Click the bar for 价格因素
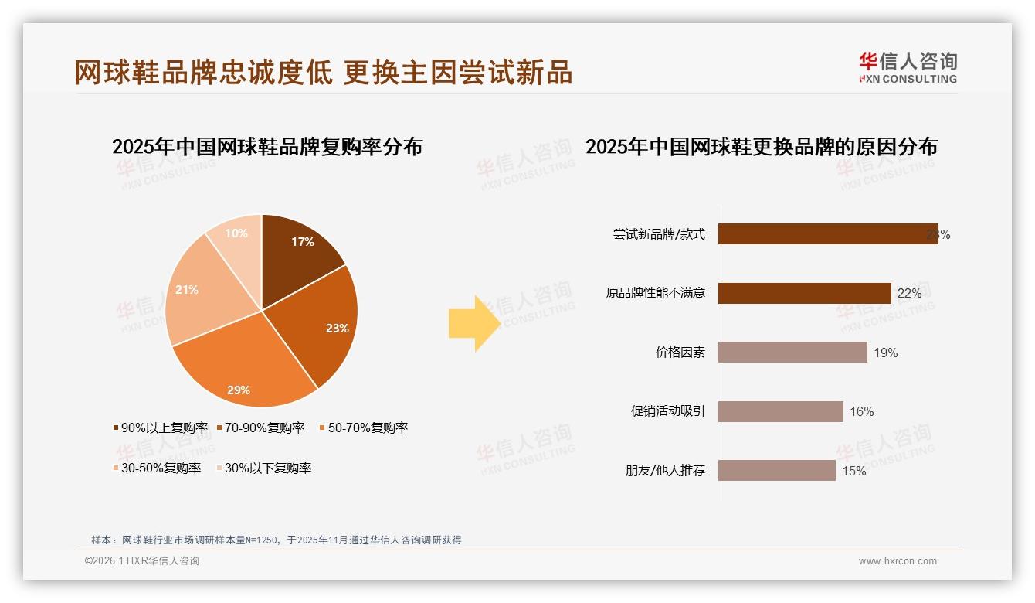792,353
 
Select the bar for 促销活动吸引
780,411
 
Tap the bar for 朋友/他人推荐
776,470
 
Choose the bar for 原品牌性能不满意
804,293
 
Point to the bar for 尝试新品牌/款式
826,234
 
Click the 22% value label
909,294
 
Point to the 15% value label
853,471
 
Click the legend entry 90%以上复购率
161,428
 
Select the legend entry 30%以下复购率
263,468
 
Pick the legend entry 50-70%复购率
363,428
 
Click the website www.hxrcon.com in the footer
898,561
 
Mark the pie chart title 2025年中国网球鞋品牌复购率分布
267,146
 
